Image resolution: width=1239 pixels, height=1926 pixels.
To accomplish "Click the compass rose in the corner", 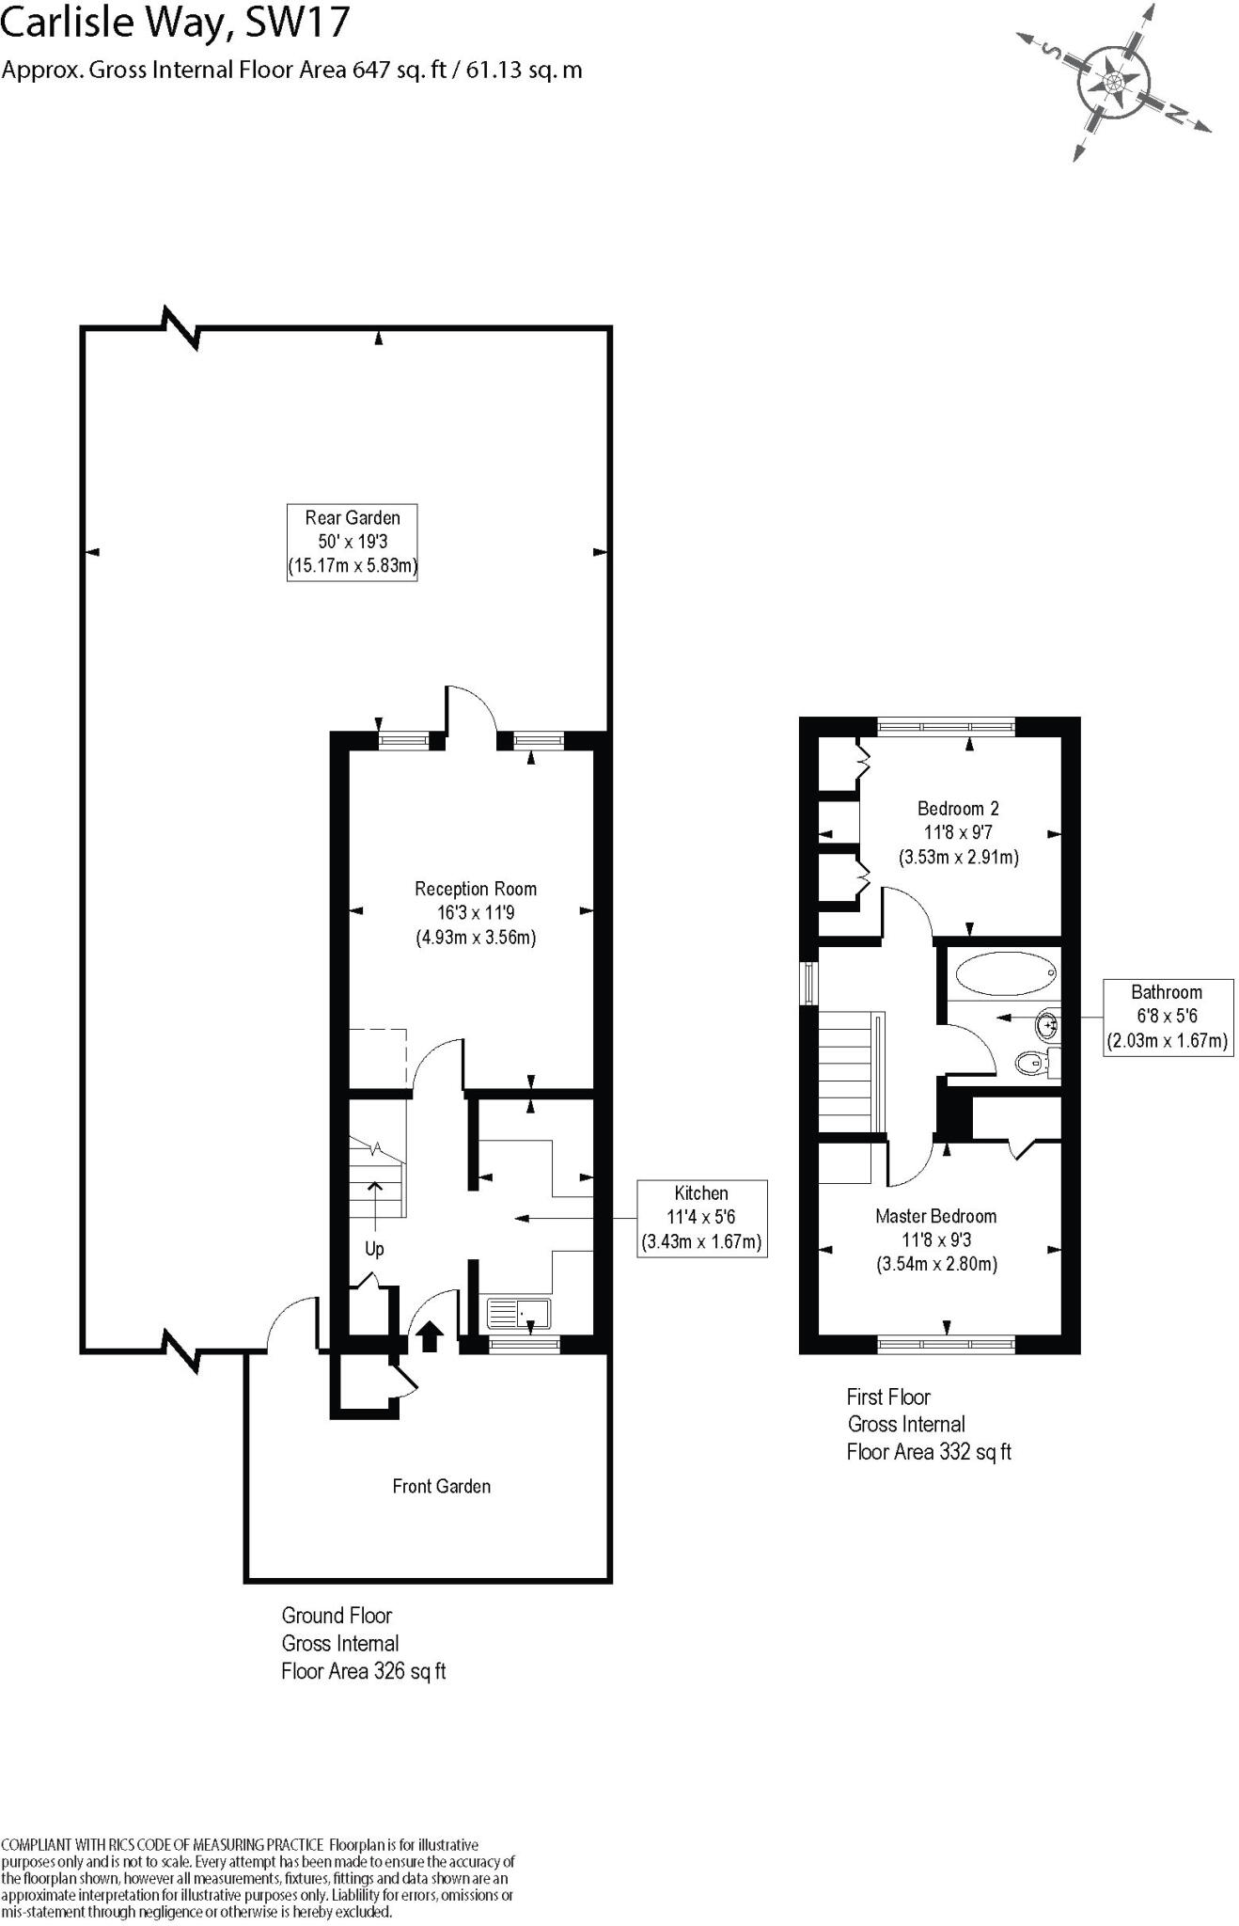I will point(1114,83).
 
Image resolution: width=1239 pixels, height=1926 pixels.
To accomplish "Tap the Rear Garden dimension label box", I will point(352,542).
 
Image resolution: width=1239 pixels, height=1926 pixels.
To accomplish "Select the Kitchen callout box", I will point(701,1217).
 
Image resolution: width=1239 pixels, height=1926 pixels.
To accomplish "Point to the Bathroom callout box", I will point(1166,1016).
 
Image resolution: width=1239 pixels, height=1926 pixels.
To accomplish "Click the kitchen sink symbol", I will point(519,1313).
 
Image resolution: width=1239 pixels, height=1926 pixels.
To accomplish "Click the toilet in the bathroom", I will point(1034,1064).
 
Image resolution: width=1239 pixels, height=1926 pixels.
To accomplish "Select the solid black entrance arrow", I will point(430,1336).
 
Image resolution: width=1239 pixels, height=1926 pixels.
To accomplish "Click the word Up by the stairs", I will point(374,1249).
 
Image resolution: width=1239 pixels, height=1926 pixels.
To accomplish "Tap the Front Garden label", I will point(441,1486).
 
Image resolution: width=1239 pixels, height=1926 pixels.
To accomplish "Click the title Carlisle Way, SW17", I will point(175,24).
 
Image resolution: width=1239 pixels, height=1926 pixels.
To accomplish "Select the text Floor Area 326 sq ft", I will point(363,1671).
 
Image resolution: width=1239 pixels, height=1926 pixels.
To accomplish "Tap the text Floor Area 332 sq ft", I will point(929,1451).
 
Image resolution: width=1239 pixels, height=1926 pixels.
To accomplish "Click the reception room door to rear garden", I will point(471,712).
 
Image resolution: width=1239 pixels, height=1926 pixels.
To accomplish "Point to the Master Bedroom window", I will point(946,1345).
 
